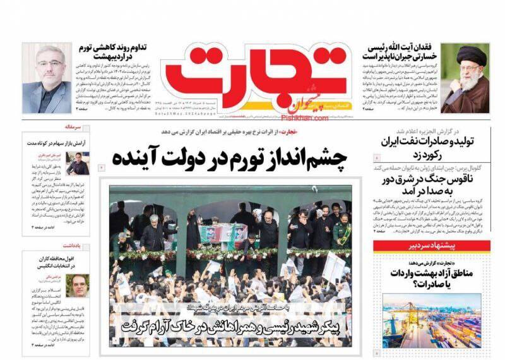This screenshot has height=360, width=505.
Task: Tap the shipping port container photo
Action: pyautogui.click(x=431, y=320)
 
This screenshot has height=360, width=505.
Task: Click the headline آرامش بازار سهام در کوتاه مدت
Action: pyautogui.click(x=57, y=143)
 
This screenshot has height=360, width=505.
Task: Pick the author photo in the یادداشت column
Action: pyautogui.click(x=78, y=285)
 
